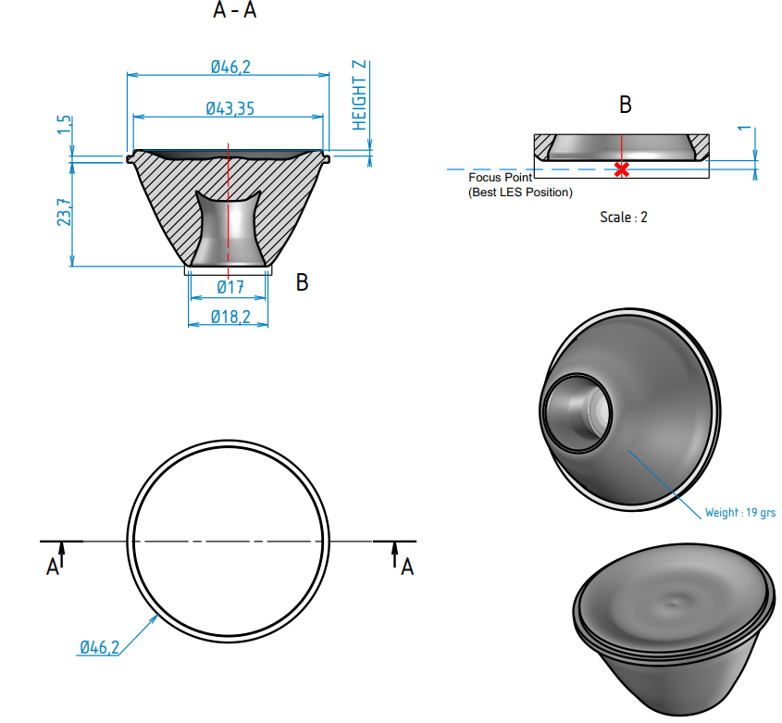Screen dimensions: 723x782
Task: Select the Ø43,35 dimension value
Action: coord(230,108)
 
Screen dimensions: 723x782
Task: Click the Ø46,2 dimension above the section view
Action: coord(229,67)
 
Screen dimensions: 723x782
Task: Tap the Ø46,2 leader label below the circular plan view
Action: coord(99,647)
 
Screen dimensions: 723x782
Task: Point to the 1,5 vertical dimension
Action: coord(64,125)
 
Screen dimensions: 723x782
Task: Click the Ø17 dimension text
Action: coord(230,288)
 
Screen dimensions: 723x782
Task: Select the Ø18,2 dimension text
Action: coord(230,317)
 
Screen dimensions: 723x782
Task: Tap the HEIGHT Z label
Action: coord(360,95)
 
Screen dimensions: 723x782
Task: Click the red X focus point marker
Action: coord(622,169)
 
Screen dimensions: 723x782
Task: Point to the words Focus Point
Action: coord(500,177)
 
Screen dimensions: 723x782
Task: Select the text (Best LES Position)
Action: coord(520,193)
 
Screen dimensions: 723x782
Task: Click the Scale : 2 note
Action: coord(624,218)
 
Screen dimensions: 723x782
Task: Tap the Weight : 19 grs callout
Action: coord(739,512)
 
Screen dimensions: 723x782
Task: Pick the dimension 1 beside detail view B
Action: coord(743,130)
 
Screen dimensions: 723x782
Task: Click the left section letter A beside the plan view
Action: coord(53,567)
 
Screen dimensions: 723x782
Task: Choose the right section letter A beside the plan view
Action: coord(406,567)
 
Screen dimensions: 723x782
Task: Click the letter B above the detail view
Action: coord(625,106)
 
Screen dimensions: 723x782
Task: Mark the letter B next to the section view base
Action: coord(302,282)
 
